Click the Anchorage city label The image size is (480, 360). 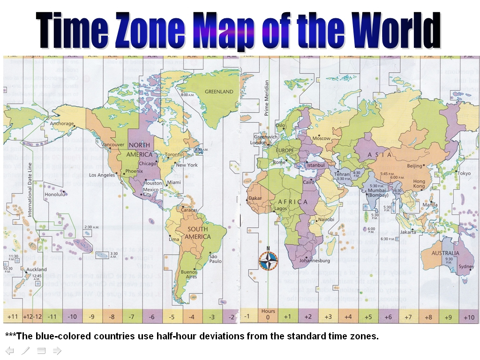point(62,124)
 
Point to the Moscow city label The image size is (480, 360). point(322,138)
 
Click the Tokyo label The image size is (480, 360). point(464,173)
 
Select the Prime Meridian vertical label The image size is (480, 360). point(267,98)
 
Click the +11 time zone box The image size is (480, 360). point(13,317)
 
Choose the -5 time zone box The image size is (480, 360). point(172,317)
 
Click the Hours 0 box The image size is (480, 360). point(268,315)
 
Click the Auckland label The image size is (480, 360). point(36,270)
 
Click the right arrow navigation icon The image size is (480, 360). point(57,350)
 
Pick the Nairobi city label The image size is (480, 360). point(326,219)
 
